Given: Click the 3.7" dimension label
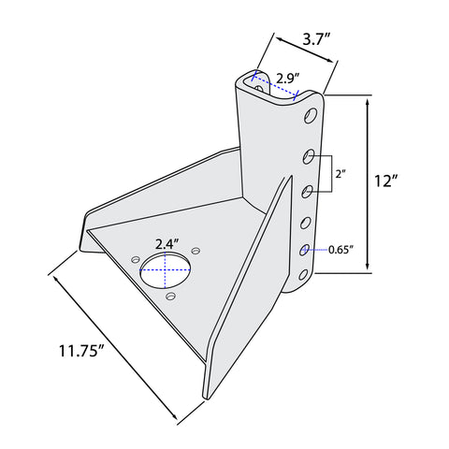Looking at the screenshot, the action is coord(316,40).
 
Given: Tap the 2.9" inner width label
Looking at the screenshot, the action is coord(288,79).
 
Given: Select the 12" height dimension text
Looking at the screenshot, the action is coord(386,181).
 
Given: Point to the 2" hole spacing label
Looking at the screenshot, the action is coord(340,174).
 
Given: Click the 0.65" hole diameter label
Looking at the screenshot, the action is coord(341,250).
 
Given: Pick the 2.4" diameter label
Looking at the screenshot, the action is coord(167,244).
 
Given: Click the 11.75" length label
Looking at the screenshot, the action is coord(81,351).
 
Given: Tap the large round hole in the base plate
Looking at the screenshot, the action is coord(166,269).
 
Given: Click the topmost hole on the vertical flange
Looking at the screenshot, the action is coord(311,116).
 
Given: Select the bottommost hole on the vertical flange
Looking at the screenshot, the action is coord(303,275).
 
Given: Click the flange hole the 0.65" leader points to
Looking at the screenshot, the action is coord(304,250).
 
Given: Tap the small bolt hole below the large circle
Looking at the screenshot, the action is coord(170,296).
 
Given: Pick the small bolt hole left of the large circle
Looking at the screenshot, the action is coord(136,259).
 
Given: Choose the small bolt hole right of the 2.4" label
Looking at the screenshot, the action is coord(196,251).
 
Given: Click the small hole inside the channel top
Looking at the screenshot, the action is coord(259,88).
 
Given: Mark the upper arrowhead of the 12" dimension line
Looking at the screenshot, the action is coord(368,104).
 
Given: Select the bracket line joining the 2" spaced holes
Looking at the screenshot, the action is coord(331,173).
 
